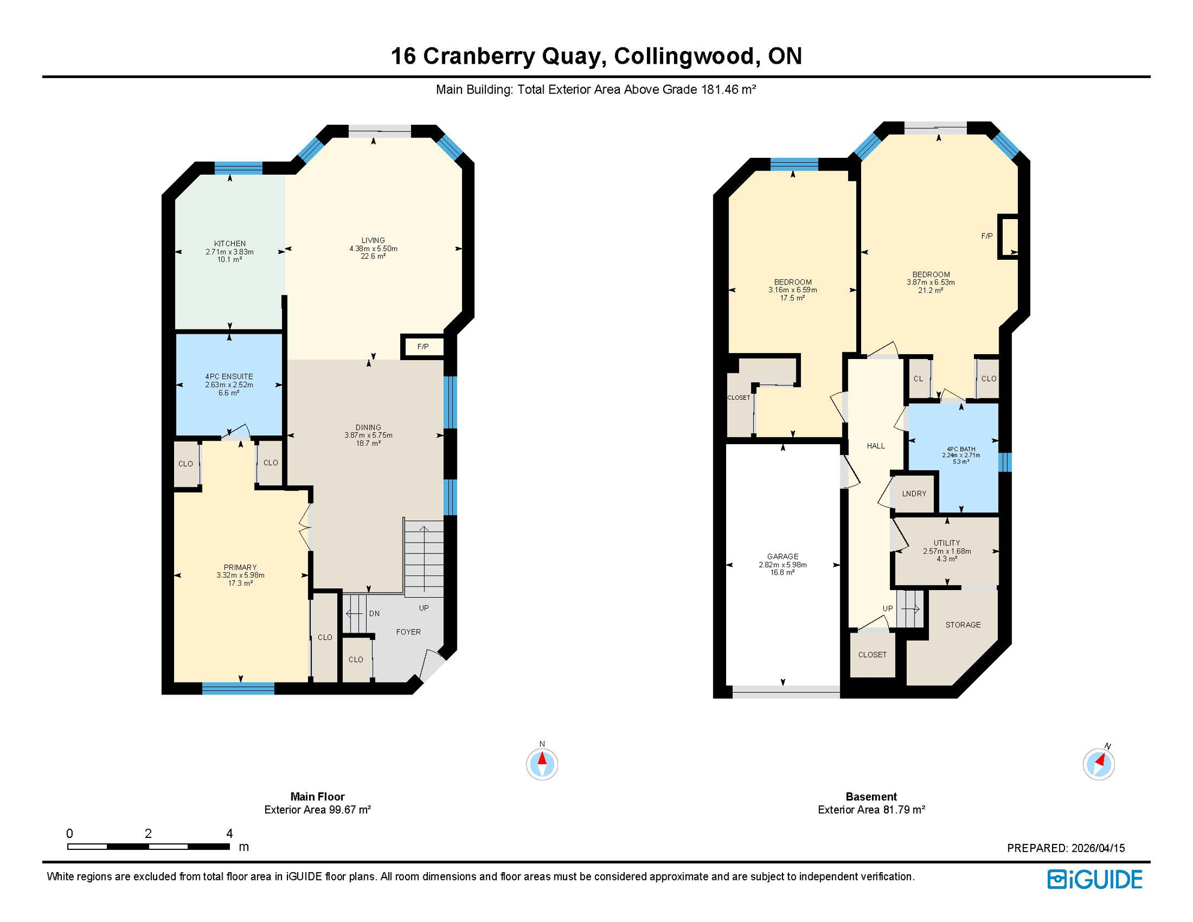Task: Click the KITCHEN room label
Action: click(229, 244)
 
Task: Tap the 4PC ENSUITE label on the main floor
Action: click(229, 377)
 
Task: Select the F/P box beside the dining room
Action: click(423, 347)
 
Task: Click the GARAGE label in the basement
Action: click(783, 556)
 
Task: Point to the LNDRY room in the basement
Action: click(914, 493)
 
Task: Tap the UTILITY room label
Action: click(946, 543)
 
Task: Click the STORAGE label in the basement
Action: click(963, 625)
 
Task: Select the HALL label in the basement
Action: click(876, 446)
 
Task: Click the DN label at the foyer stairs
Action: click(374, 613)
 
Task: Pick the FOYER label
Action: click(408, 632)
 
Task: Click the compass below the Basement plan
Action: click(1099, 764)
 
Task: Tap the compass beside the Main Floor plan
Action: click(542, 764)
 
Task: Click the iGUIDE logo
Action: click(1095, 879)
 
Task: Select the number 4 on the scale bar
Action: click(229, 833)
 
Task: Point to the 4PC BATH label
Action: click(961, 449)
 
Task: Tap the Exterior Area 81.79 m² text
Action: click(871, 810)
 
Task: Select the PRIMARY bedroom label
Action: click(240, 567)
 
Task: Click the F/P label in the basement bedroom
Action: click(987, 236)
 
